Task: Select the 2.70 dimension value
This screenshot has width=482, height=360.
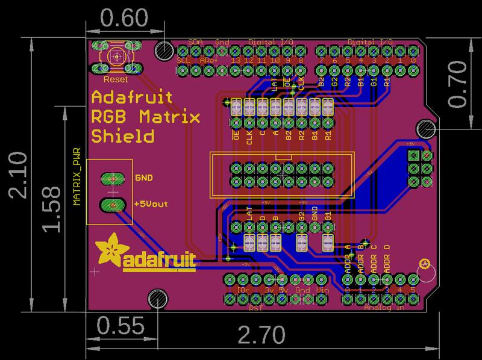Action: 260,335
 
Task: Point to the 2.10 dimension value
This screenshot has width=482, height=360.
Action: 17,175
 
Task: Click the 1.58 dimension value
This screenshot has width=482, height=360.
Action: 52,209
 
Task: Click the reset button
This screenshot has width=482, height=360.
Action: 116,57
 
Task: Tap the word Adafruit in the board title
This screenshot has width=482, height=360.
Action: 132,97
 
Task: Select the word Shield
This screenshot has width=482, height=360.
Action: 122,136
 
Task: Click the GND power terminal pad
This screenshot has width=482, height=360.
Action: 111,178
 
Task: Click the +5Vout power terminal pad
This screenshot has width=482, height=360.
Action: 111,205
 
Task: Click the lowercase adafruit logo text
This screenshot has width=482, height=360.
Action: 160,261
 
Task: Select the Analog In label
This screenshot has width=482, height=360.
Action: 384,308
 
